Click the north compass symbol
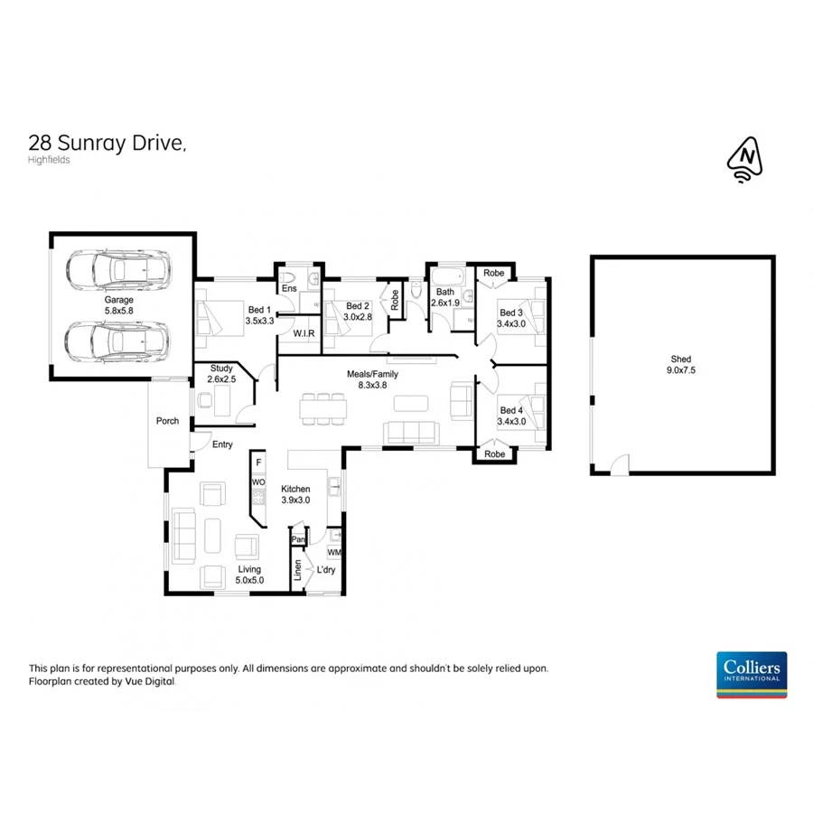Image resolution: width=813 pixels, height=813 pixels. tap(745, 160)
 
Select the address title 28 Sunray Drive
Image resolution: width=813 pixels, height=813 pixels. tap(107, 142)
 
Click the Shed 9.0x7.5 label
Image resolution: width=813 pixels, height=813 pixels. tap(681, 363)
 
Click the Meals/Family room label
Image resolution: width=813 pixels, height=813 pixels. tap(372, 379)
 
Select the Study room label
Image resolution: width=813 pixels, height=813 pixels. tap(221, 373)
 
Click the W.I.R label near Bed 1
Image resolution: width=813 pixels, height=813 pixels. tap(304, 334)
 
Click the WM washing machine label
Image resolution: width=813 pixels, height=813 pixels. tap(334, 552)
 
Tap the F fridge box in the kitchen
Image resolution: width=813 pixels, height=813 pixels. tap(258, 463)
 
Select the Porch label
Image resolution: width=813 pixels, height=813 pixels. tap(167, 421)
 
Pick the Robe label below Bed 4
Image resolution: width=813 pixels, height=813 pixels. tap(494, 454)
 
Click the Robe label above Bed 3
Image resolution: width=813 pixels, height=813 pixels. tap(493, 272)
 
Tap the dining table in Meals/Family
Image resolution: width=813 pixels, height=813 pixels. tap(323, 408)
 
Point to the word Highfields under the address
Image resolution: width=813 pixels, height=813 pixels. tap(50, 160)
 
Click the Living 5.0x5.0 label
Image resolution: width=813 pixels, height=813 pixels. tap(249, 575)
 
